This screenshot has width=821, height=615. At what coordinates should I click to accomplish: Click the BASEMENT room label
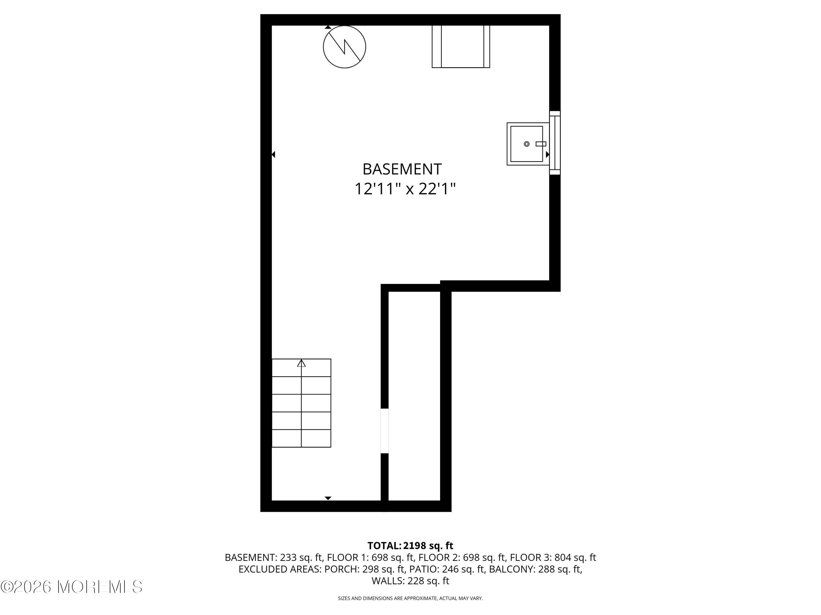pyautogui.click(x=402, y=169)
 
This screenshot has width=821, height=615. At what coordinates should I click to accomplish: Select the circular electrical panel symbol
pyautogui.click(x=345, y=47)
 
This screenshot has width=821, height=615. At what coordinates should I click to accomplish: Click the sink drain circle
pyautogui.click(x=526, y=144)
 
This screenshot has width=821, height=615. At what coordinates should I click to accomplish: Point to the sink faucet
pyautogui.click(x=540, y=144)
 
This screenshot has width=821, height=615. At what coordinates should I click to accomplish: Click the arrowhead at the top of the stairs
pyautogui.click(x=301, y=363)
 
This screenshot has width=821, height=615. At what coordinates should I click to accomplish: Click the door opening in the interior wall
pyautogui.click(x=385, y=431)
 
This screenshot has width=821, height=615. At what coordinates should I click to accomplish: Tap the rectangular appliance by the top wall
pyautogui.click(x=461, y=47)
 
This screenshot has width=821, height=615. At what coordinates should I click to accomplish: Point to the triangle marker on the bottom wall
pyautogui.click(x=328, y=498)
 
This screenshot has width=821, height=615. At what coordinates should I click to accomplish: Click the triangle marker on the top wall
pyautogui.click(x=328, y=27)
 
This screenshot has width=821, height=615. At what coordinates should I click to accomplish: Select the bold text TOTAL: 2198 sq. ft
pyautogui.click(x=410, y=546)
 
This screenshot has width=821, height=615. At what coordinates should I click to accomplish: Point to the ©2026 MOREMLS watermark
pyautogui.click(x=71, y=587)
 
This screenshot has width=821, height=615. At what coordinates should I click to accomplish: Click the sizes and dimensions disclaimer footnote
pyautogui.click(x=410, y=598)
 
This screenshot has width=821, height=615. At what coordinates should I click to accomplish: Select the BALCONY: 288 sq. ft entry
pyautogui.click(x=535, y=569)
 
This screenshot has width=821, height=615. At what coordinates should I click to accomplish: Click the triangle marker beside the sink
pyautogui.click(x=547, y=154)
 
